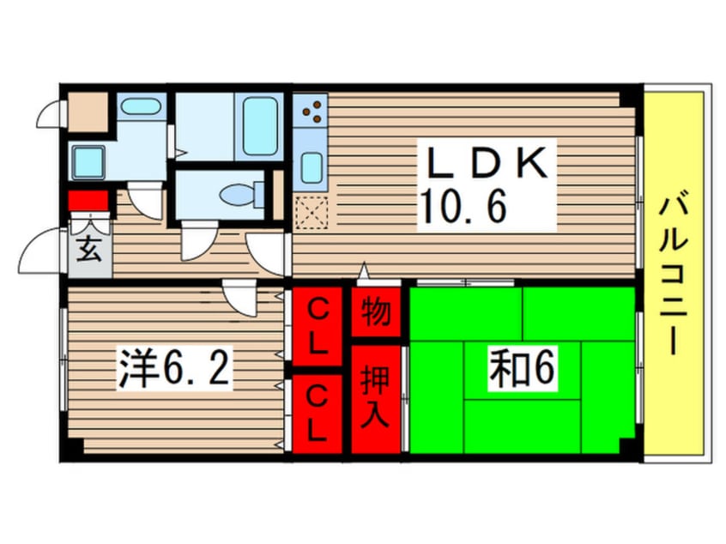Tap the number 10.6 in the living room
tap(464, 206)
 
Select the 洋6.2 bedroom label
tap(174, 370)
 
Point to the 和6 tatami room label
tap(523, 369)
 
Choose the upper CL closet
tap(318, 327)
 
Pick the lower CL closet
tap(318, 413)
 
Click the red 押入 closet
tap(376, 398)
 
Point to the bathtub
tap(259, 126)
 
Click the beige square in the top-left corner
tap(87, 111)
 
